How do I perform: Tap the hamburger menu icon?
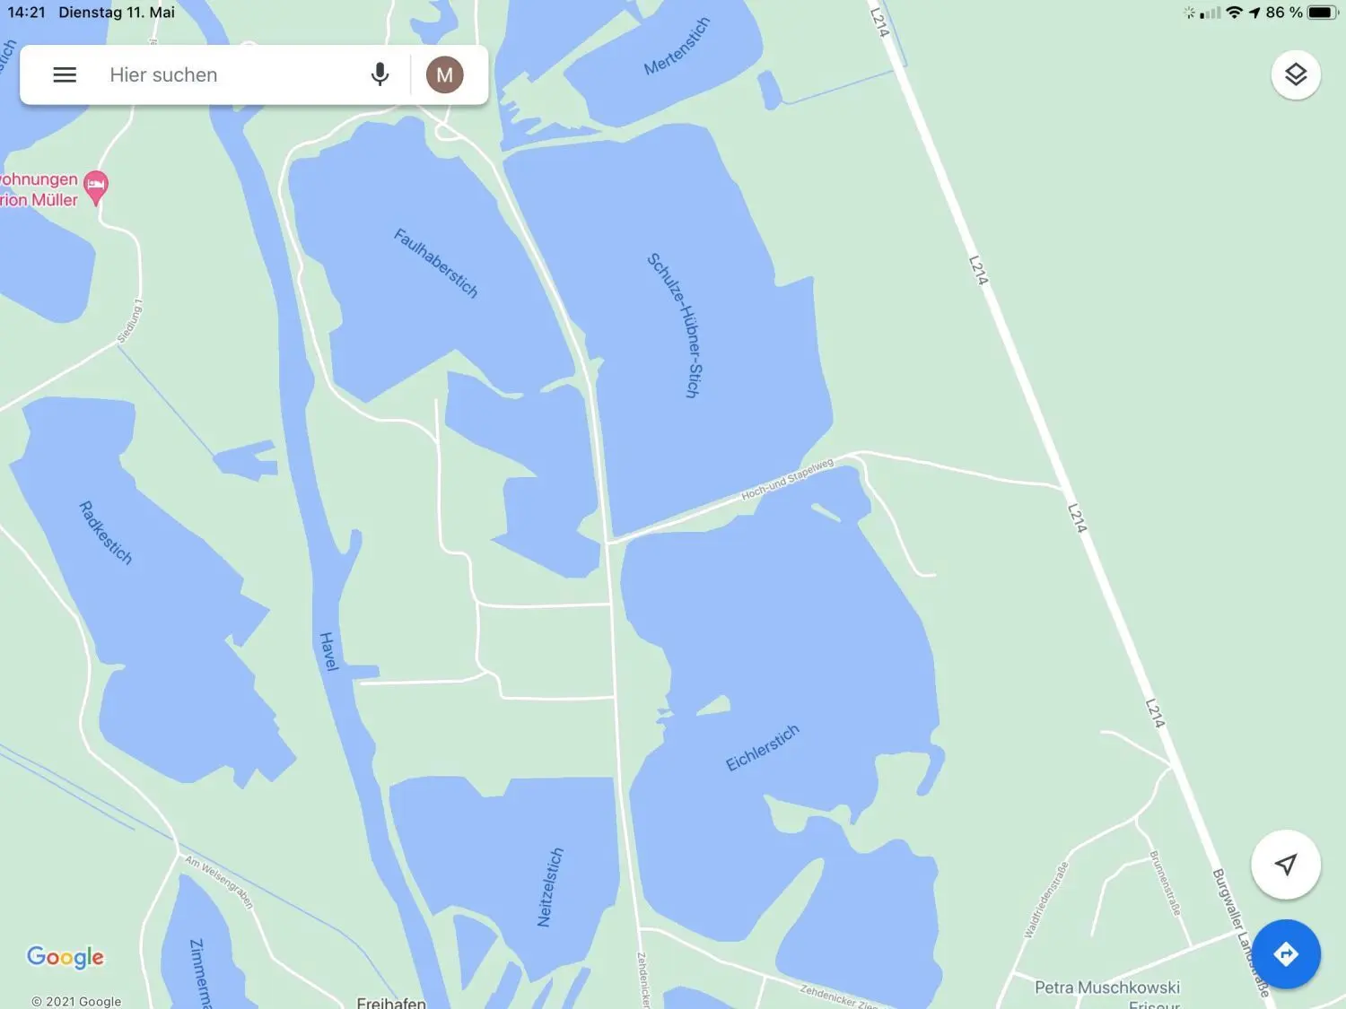[x=65, y=75]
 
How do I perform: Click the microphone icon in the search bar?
[x=380, y=74]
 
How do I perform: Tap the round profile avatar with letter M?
[x=444, y=74]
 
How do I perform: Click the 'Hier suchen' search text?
[x=163, y=75]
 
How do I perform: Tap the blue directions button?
[x=1285, y=954]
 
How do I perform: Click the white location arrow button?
[x=1285, y=865]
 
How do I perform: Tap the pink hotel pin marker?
[x=96, y=187]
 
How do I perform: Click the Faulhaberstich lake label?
[x=436, y=263]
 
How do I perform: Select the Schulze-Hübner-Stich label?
[x=674, y=326]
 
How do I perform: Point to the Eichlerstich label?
[x=762, y=748]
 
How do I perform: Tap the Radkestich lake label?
[x=106, y=533]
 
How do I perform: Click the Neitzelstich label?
[x=549, y=887]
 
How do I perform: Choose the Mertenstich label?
[x=677, y=47]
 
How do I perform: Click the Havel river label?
[x=328, y=651]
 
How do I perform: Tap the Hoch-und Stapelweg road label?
[x=787, y=480]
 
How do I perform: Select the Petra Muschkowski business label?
[x=1106, y=987]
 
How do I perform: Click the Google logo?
[x=66, y=957]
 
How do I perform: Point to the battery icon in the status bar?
[x=1322, y=13]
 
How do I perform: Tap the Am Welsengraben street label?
[x=219, y=882]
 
